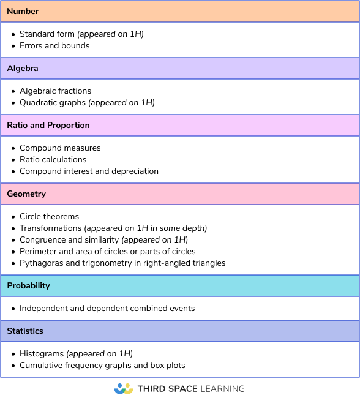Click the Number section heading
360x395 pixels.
pyautogui.click(x=23, y=12)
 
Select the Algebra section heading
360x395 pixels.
pyautogui.click(x=23, y=69)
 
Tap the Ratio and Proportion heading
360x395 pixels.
pyautogui.click(x=48, y=125)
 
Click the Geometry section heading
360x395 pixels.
pyautogui.click(x=26, y=194)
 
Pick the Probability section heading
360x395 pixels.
pyautogui.click(x=28, y=286)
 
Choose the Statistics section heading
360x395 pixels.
pyautogui.click(x=25, y=331)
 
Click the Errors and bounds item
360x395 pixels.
pyautogui.click(x=54, y=46)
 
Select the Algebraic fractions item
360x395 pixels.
pyautogui.click(x=55, y=91)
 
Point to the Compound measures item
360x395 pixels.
pyautogui.click(x=60, y=148)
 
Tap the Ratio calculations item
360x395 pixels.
pyautogui.click(x=53, y=160)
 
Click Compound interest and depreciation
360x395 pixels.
pyautogui.click(x=89, y=171)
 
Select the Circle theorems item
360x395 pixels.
pyautogui.click(x=49, y=217)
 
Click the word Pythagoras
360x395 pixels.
pyautogui.click(x=42, y=263)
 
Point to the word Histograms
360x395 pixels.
pyautogui.click(x=42, y=354)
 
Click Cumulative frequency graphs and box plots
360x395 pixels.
pyautogui.click(x=102, y=366)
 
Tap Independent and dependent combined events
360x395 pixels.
pyautogui.click(x=107, y=309)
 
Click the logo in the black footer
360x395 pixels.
pyautogui.click(x=124, y=389)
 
